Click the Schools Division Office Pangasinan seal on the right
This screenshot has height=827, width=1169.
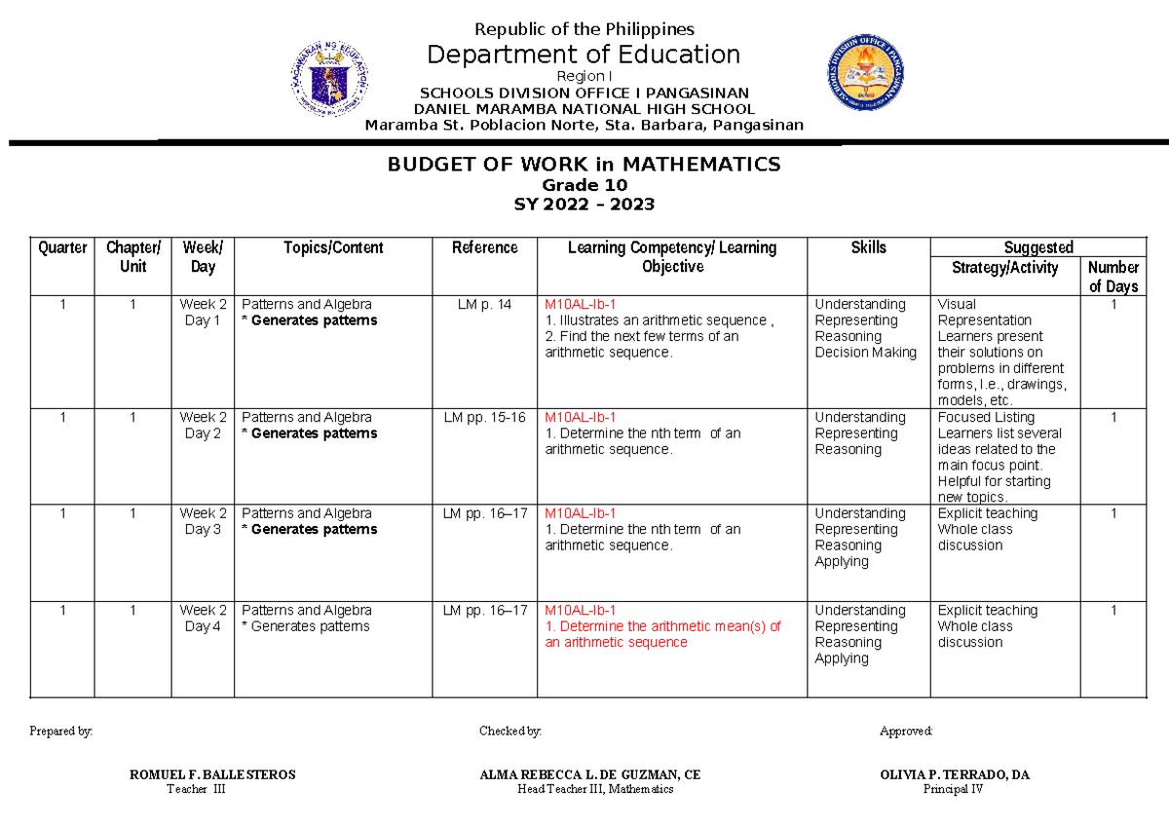pos(871,78)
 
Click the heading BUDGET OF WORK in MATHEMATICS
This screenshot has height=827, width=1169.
pos(584,165)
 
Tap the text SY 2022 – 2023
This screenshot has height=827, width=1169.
pos(584,205)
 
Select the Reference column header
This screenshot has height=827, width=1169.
pos(484,247)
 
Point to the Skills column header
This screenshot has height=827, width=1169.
pos(867,247)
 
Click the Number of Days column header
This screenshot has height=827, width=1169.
pos(1112,277)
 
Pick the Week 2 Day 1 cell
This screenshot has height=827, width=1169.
pos(203,313)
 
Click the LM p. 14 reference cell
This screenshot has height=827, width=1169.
pos(484,305)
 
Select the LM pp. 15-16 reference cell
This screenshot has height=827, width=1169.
pos(484,418)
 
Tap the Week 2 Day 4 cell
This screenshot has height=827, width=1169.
pos(203,619)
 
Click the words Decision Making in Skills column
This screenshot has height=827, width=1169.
pos(865,353)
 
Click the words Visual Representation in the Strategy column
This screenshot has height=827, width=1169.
pos(983,313)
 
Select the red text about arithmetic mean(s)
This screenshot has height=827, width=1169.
pos(662,634)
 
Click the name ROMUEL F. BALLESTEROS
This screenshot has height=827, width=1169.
pos(212,775)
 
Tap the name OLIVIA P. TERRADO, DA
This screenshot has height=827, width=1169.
pos(954,775)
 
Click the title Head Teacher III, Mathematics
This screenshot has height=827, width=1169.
pos(594,790)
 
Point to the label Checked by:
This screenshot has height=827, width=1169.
pos(509,732)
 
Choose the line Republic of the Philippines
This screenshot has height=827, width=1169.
pos(584,29)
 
